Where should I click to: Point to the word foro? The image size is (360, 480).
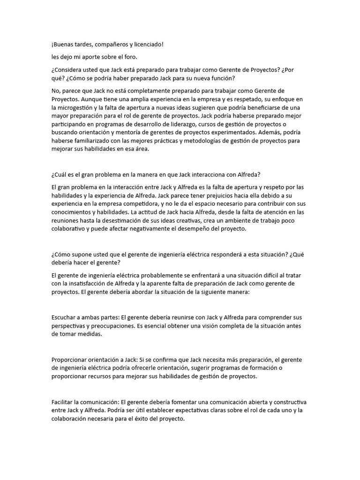(129, 57)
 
